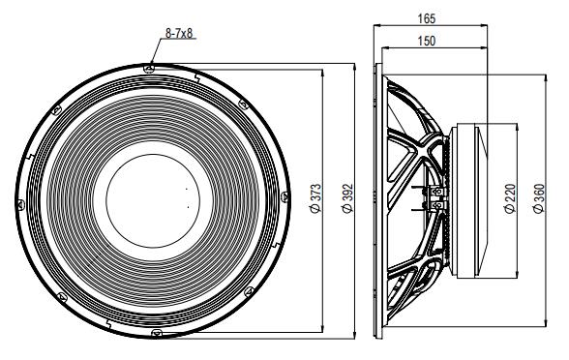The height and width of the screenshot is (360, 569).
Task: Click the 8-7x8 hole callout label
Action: [x=181, y=33]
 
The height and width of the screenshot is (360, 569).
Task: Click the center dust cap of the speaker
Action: [x=155, y=198]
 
